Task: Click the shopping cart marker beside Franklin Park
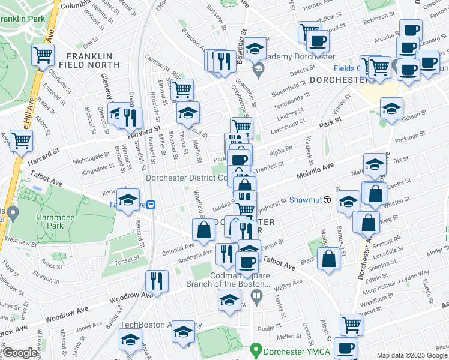tap(43, 56)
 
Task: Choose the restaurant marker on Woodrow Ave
tap(157, 281)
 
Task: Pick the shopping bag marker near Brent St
tap(330, 259)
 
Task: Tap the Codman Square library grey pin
tap(256, 296)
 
